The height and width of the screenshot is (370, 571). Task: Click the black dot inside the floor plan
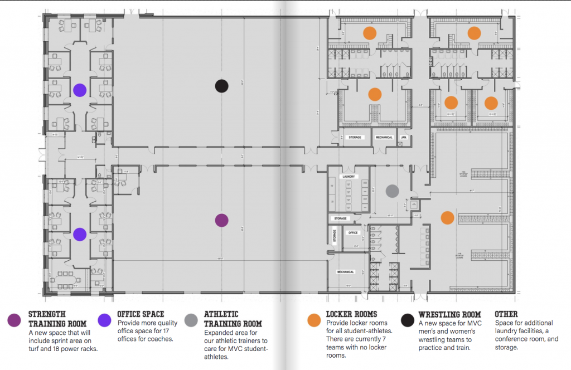[x=222, y=85]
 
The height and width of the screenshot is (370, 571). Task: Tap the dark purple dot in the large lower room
[x=222, y=220]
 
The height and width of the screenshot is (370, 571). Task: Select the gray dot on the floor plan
[x=393, y=191]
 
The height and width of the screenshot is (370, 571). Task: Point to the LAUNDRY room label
[x=350, y=177]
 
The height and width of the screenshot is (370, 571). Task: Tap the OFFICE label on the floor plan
[x=352, y=232]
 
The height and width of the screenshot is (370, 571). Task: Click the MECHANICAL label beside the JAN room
[x=384, y=137]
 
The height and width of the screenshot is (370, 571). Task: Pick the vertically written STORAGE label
[x=335, y=237]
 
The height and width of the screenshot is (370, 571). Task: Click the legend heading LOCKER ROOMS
[x=351, y=314]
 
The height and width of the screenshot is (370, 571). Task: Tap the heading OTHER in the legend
[x=506, y=314]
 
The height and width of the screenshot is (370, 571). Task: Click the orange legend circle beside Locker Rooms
[x=314, y=320]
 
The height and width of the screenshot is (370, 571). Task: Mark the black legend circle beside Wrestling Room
[x=408, y=320]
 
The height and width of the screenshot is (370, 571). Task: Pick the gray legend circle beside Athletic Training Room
[x=191, y=320]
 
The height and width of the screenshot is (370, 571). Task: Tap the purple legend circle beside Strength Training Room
[x=15, y=320]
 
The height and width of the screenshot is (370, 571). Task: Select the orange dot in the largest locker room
[x=447, y=217]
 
